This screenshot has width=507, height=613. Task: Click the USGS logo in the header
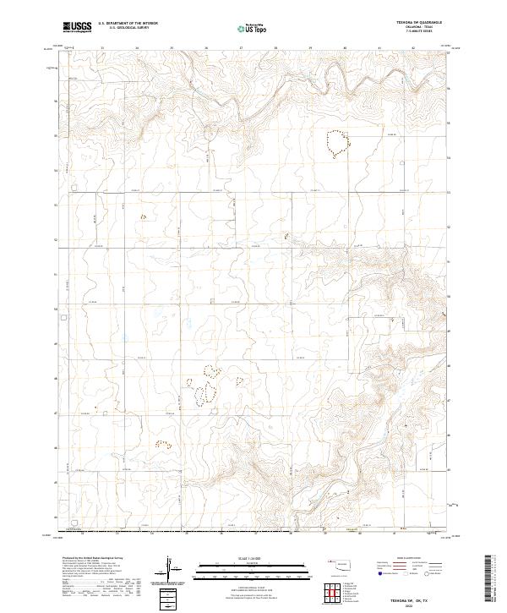(x=78, y=26)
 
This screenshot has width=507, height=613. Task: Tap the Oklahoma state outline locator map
(x=344, y=564)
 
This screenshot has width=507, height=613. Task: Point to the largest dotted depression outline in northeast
(x=337, y=143)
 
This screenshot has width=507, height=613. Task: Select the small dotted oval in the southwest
(x=162, y=443)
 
